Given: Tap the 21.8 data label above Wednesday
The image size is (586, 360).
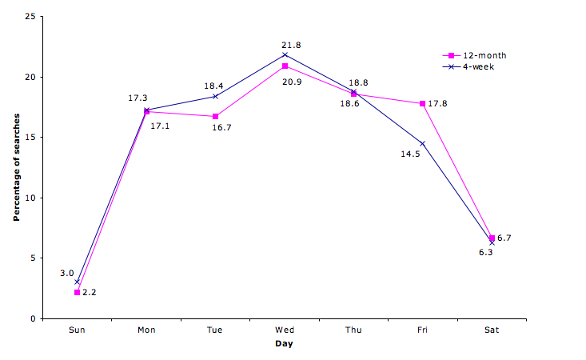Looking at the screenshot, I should [x=291, y=46].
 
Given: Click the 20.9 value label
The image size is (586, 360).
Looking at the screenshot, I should [x=291, y=81].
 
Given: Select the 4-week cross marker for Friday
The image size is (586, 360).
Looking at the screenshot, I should [x=422, y=143].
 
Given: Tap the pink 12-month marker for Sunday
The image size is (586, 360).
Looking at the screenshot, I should [x=77, y=292].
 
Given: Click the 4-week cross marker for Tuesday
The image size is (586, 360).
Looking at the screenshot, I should [x=215, y=96].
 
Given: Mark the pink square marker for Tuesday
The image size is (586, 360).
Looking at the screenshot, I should [x=215, y=117].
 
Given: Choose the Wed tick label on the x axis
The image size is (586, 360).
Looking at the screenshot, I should [x=284, y=329].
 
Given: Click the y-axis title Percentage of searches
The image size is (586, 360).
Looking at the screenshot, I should [x=16, y=167].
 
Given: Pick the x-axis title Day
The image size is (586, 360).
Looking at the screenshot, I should [x=285, y=345].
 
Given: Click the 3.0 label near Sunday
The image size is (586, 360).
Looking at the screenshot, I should [x=66, y=273].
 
